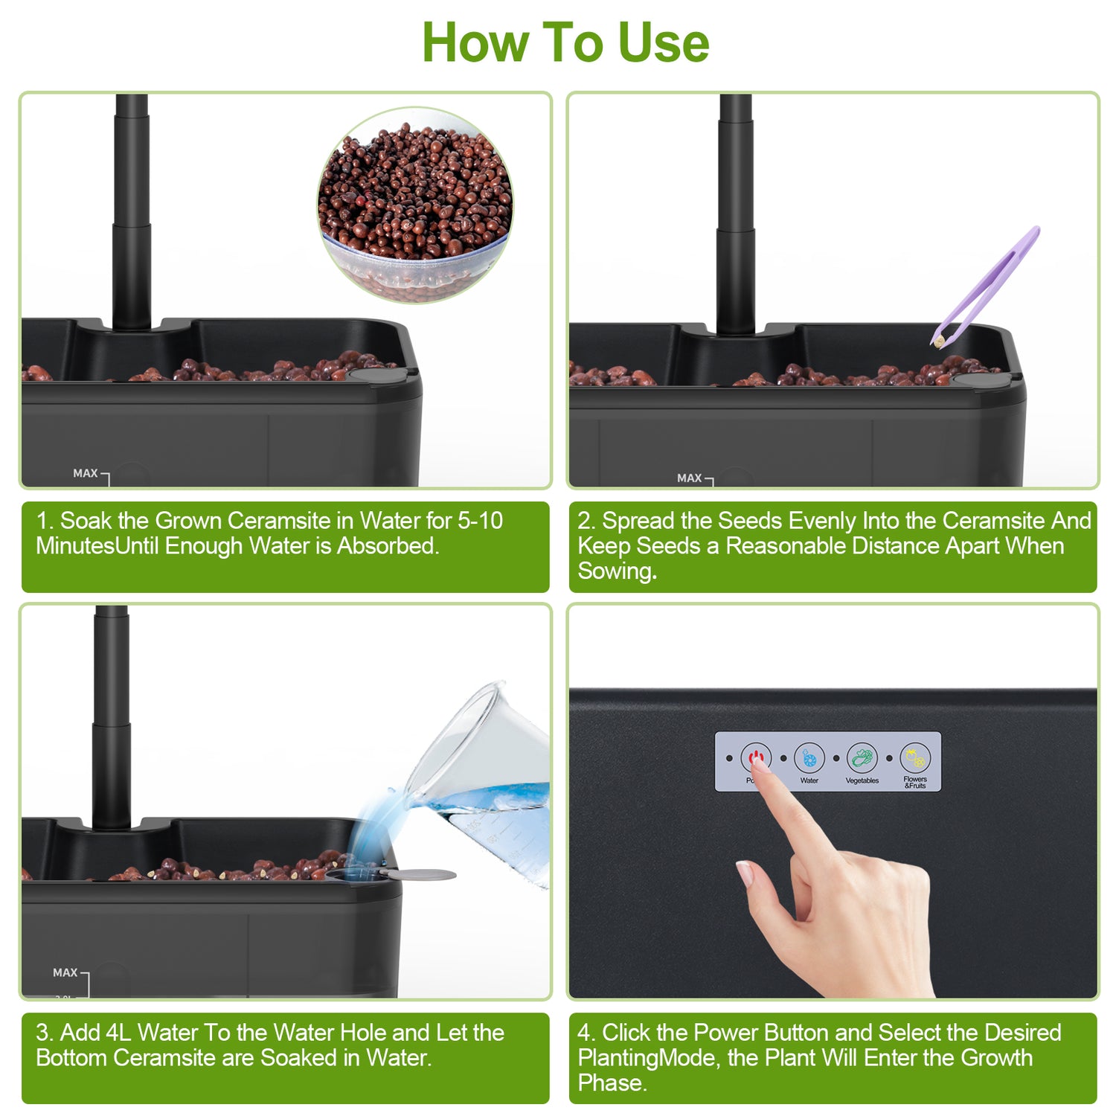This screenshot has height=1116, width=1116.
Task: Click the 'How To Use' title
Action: tap(565, 42)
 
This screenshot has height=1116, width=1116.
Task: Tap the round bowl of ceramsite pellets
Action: tap(415, 205)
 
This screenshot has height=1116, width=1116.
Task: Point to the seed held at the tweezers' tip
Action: tap(939, 341)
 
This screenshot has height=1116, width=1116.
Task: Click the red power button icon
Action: tap(756, 758)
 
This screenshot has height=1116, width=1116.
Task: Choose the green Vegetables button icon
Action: tap(862, 758)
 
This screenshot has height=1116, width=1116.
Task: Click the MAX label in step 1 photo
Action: tap(86, 473)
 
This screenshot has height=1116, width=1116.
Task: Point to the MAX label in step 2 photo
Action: tap(690, 478)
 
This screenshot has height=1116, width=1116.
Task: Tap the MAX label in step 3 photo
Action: tap(65, 972)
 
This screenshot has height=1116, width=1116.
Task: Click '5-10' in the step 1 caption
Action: tap(480, 521)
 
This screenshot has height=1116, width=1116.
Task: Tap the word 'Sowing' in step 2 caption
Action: tap(616, 571)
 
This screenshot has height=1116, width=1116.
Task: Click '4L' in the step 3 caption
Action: tap(118, 1033)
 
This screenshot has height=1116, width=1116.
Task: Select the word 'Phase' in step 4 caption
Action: tap(611, 1083)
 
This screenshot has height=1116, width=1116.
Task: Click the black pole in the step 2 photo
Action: tap(735, 216)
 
